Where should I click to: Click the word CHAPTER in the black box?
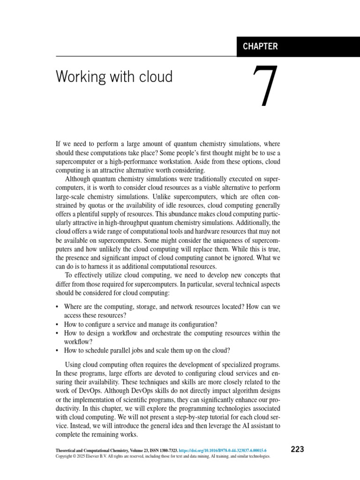click(260, 46)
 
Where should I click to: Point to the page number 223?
click(297, 449)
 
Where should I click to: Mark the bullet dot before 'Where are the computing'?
click(57, 307)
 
